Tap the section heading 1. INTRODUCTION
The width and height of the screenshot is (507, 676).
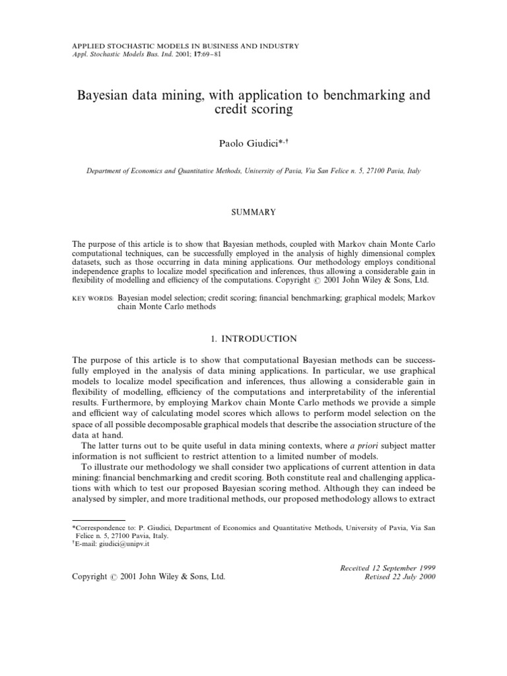253,339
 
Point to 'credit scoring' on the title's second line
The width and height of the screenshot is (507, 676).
253,110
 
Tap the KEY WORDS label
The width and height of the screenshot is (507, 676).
92,299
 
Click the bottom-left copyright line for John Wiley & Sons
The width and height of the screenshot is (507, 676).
148,576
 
